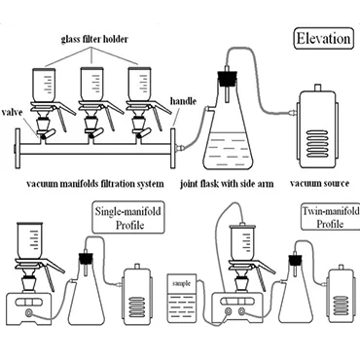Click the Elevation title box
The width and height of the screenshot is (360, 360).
(x=323, y=39)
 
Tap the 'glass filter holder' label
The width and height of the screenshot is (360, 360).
(x=94, y=39)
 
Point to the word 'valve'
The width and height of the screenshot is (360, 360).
(x=13, y=113)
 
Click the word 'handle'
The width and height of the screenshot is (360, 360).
(x=183, y=101)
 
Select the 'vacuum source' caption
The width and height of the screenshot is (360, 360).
(x=319, y=184)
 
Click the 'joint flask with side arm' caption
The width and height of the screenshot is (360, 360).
(x=227, y=184)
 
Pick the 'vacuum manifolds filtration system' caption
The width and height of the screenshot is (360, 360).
(x=95, y=184)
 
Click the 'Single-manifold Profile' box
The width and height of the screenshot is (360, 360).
(x=128, y=218)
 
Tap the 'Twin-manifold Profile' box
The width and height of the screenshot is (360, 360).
(x=331, y=217)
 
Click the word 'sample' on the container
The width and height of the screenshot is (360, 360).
(x=182, y=283)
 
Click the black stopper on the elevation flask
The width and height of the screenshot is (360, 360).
(x=225, y=78)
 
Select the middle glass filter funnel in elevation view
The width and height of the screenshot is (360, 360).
(x=91, y=84)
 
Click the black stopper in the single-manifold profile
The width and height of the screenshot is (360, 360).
(x=85, y=258)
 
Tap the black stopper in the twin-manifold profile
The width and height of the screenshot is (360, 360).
(x=294, y=260)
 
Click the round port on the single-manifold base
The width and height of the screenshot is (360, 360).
(x=29, y=313)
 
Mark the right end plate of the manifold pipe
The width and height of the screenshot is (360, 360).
(x=173, y=148)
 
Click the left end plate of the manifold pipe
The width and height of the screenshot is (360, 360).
(x=18, y=148)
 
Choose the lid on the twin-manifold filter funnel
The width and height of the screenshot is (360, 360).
(x=242, y=226)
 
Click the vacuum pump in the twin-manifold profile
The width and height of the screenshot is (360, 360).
(x=341, y=294)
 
